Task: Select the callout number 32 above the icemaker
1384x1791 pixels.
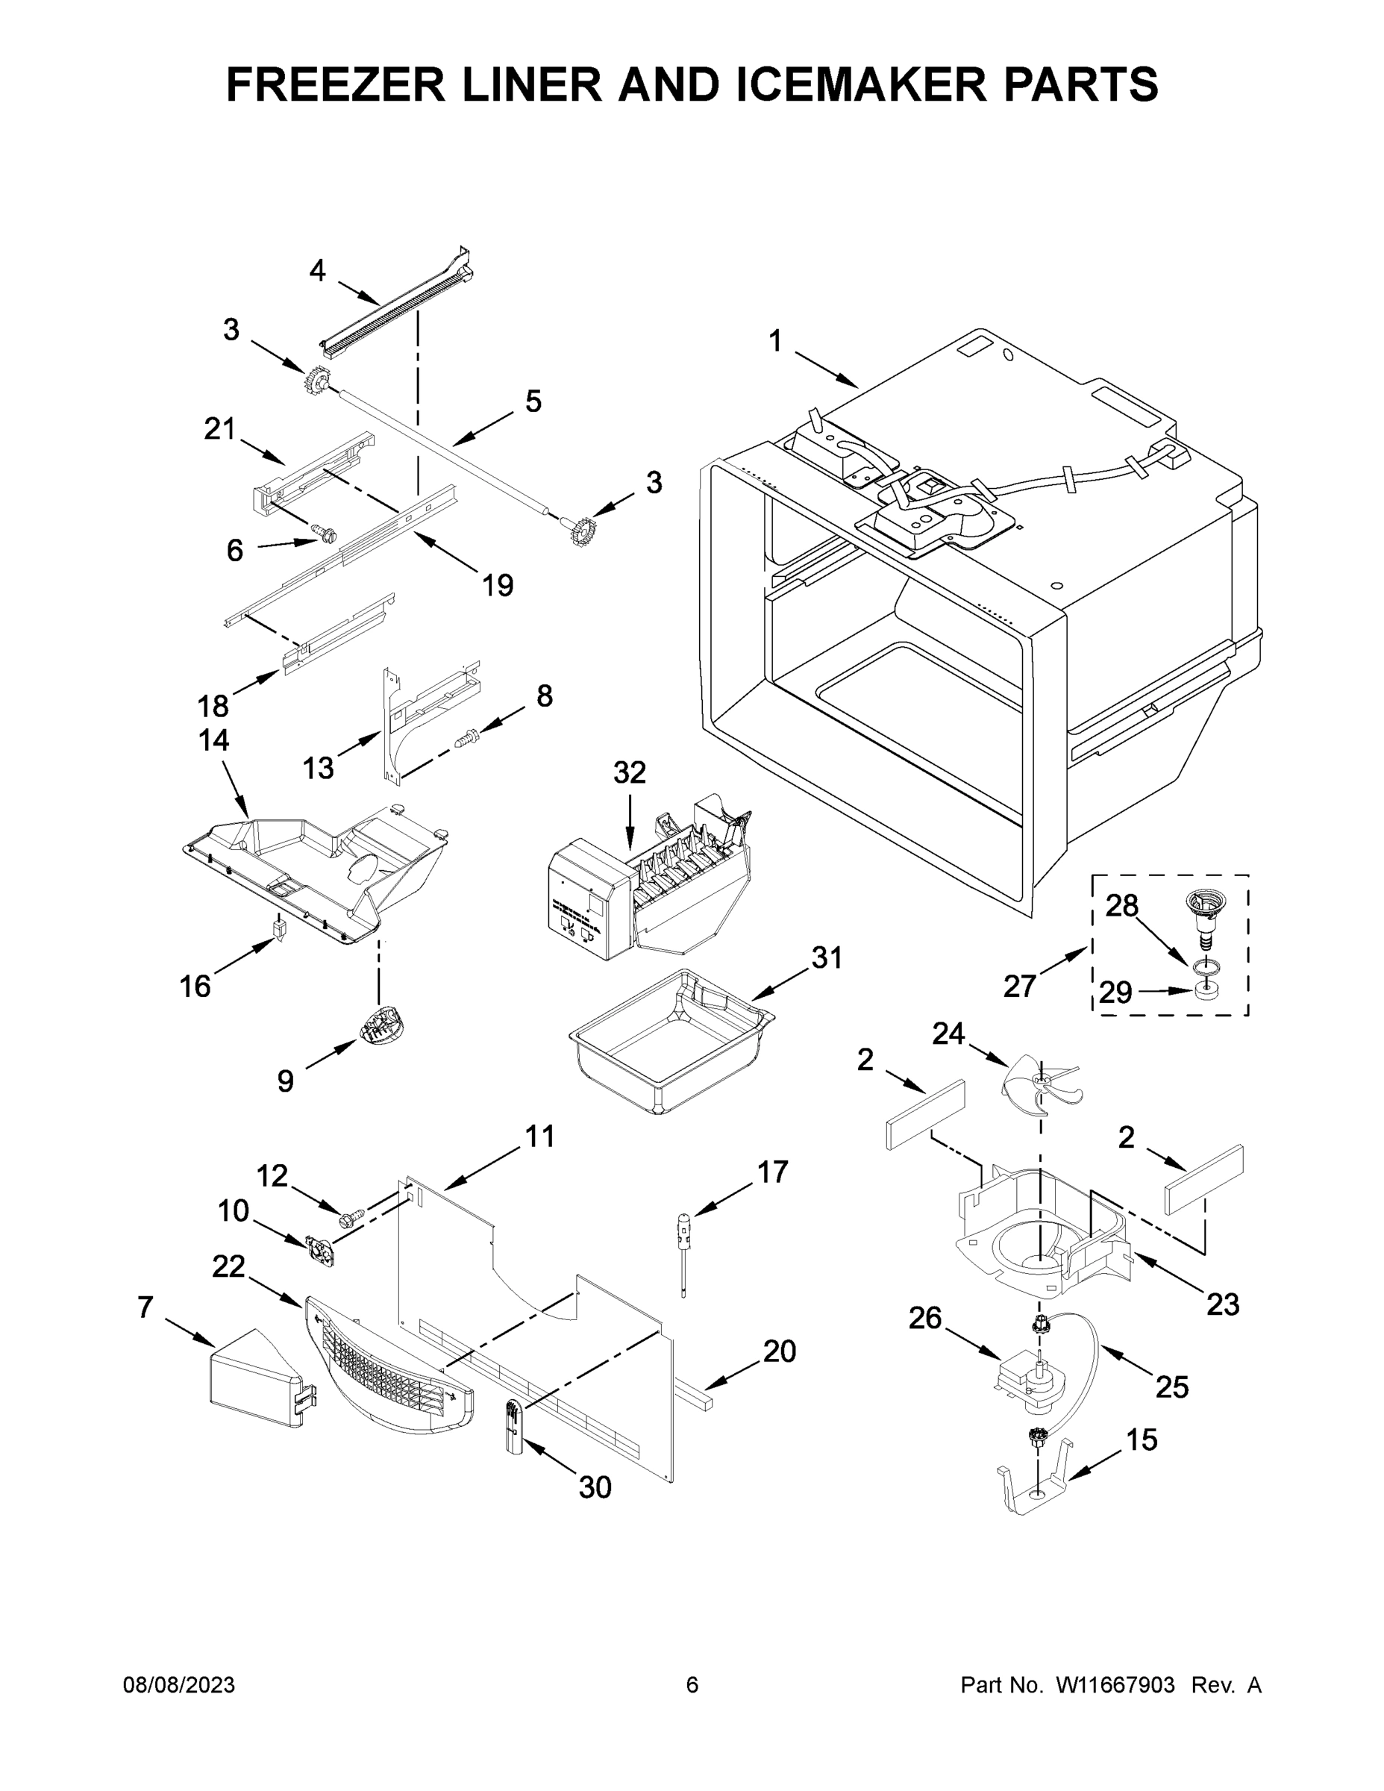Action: pos(630,772)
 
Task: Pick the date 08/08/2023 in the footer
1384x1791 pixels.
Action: pos(179,1684)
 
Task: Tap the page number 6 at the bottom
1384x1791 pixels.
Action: pos(692,1684)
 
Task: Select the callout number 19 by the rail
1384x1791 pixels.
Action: pos(497,585)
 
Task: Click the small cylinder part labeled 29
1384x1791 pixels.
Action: pos(1203,992)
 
